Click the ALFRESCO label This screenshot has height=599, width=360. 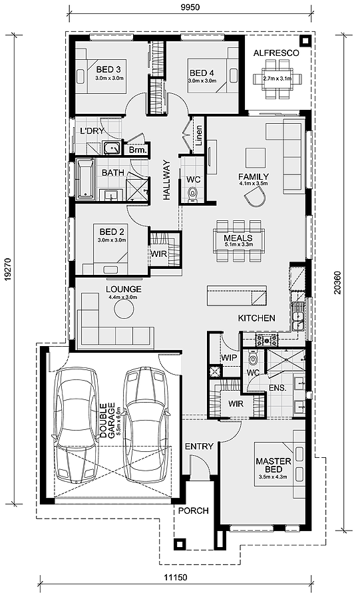tap(276, 53)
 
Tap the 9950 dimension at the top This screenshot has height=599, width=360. tap(190, 7)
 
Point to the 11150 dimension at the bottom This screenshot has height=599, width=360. tap(176, 577)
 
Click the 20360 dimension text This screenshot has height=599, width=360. tap(337, 283)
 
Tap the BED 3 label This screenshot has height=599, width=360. tap(108, 69)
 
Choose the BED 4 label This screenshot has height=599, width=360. tap(202, 73)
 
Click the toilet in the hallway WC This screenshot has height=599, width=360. tap(194, 194)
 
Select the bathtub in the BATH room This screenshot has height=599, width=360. tap(85, 180)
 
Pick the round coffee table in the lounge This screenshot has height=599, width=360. tap(124, 309)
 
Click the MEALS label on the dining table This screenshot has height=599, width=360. tap(238, 238)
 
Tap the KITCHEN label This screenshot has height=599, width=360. tap(257, 318)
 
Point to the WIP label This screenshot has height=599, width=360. tap(229, 358)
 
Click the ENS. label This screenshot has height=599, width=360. tap(277, 388)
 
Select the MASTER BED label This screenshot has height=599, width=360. tap(273, 465)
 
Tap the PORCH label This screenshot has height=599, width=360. tap(194, 510)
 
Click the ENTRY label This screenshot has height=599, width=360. tap(199, 446)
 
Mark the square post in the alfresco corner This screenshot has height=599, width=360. tap(304, 40)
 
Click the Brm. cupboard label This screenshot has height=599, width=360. tap(138, 150)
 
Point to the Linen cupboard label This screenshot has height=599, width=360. tap(199, 136)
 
